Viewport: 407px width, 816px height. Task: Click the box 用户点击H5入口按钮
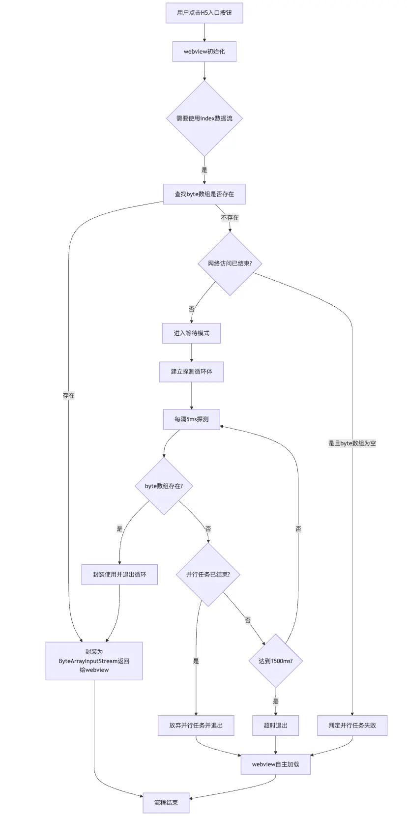coord(204,13)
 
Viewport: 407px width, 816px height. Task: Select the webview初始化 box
coord(204,52)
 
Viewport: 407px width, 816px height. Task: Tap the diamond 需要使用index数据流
coord(204,118)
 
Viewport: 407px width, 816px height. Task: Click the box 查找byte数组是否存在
coord(204,194)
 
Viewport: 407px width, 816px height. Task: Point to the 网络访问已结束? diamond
coord(230,263)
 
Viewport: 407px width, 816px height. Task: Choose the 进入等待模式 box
coord(191,333)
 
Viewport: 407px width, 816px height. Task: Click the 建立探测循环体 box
coord(191,372)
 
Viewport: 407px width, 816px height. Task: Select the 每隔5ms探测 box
coord(191,419)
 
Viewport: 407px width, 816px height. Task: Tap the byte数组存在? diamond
coord(164,486)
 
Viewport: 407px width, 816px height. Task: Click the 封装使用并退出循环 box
coord(119,574)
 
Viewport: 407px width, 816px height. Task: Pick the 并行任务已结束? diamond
coord(208,574)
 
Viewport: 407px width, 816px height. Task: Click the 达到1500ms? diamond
coord(275,661)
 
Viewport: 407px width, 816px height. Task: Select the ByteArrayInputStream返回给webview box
coord(94,661)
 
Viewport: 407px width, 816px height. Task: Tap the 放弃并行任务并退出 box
coord(196,726)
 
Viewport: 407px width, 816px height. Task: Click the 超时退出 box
coord(275,726)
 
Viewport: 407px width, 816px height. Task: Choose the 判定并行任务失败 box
coord(352,726)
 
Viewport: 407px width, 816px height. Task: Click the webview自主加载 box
coord(275,764)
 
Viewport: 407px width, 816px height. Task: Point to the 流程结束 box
coord(166,803)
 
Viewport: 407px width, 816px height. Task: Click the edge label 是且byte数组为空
coord(352,443)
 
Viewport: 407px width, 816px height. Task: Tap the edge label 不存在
coord(230,218)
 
